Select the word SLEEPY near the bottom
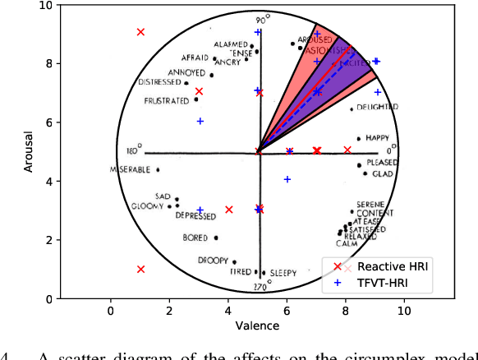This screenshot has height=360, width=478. click(x=283, y=272)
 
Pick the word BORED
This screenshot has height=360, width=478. click(x=197, y=238)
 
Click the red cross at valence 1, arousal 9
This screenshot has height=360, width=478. click(x=140, y=32)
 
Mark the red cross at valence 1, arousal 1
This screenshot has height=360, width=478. click(x=140, y=269)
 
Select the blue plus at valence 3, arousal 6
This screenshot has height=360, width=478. click(x=200, y=122)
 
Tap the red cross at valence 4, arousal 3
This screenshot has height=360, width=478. click(x=229, y=210)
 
